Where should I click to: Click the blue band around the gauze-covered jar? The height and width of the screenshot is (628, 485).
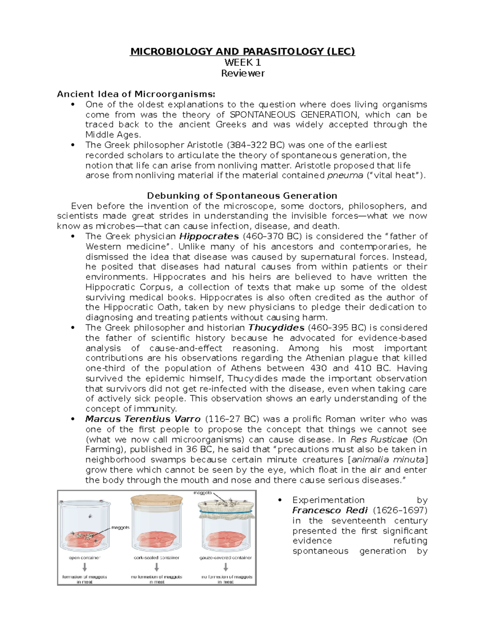[x=226, y=511]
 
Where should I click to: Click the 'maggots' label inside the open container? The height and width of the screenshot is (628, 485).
[x=120, y=527]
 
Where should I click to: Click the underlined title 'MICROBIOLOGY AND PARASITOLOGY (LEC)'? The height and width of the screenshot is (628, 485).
[x=242, y=51]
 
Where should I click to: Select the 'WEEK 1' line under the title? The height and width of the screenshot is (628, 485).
[x=242, y=62]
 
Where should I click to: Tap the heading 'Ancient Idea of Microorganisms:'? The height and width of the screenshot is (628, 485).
[x=136, y=94]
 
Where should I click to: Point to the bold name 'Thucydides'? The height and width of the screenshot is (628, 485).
[x=276, y=328]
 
